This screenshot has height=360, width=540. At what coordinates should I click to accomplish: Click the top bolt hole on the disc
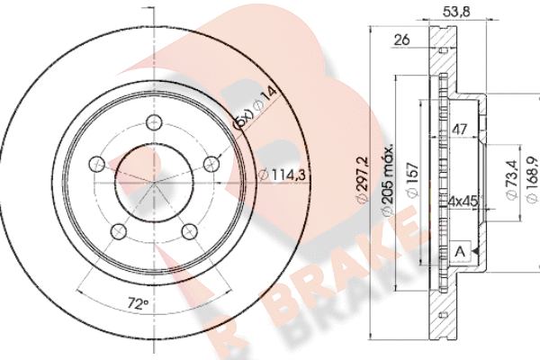154,122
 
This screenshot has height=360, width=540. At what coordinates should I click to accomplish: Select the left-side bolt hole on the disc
97,164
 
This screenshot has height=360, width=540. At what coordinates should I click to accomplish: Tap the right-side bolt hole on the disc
211,164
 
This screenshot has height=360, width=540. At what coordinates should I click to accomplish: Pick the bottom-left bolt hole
119,231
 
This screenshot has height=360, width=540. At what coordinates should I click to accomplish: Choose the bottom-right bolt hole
189,231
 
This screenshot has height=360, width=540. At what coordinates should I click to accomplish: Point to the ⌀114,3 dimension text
282,175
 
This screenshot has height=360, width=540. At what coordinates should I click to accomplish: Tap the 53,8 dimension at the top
456,12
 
